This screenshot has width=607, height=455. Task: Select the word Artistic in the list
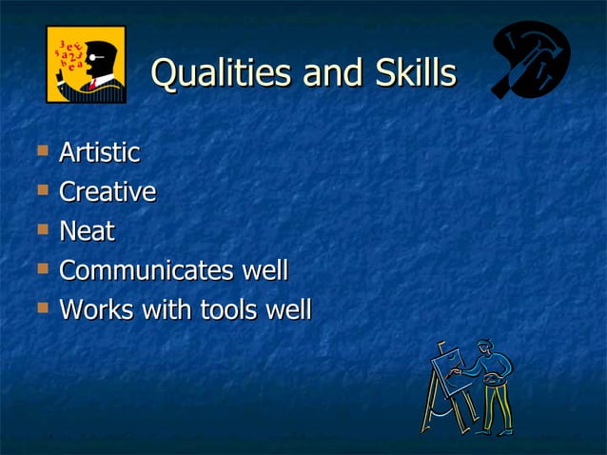pos(99,152)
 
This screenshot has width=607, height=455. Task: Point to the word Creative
pos(108,192)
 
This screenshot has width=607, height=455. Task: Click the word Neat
pos(87,231)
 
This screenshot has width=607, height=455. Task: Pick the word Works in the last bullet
pos(92,310)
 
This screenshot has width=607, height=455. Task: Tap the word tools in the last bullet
pos(225,310)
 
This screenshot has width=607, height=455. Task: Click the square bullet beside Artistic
pos(41,149)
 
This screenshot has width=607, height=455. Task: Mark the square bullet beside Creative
pos(41,189)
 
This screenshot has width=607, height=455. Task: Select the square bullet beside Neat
pos(41,228)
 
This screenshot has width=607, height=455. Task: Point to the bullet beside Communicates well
pos(41,268)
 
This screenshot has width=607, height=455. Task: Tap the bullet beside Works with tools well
pos(41,307)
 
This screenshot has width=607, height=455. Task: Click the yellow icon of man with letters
pos(86,64)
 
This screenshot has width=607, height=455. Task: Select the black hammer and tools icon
pos(530,60)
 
